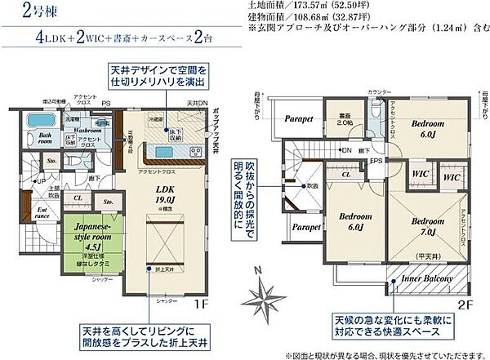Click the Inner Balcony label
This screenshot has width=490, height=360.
[425, 278]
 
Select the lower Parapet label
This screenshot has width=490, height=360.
[305, 227]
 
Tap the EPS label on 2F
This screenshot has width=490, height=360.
[376, 160]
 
